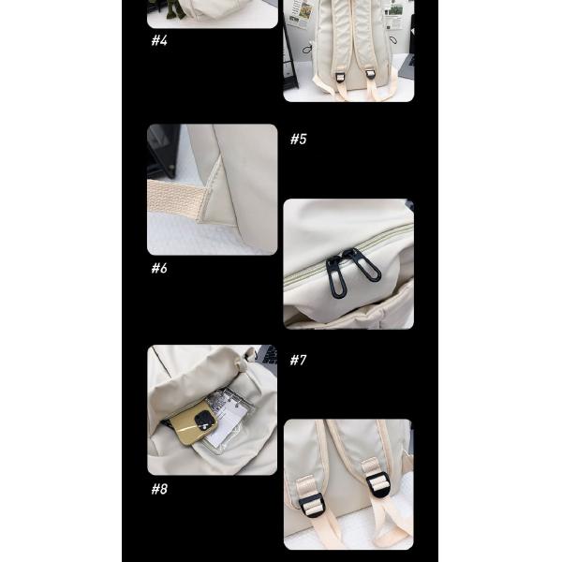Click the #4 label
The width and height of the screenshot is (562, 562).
point(159,41)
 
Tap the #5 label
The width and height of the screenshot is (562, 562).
point(298,140)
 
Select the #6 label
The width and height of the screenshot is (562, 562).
point(159,269)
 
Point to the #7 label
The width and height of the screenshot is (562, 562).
point(298,360)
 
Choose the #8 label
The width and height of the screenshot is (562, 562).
point(159,489)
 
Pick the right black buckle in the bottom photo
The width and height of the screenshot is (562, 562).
point(378,484)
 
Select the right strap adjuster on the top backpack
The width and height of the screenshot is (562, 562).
point(370,73)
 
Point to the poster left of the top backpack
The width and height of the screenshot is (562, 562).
point(299,12)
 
